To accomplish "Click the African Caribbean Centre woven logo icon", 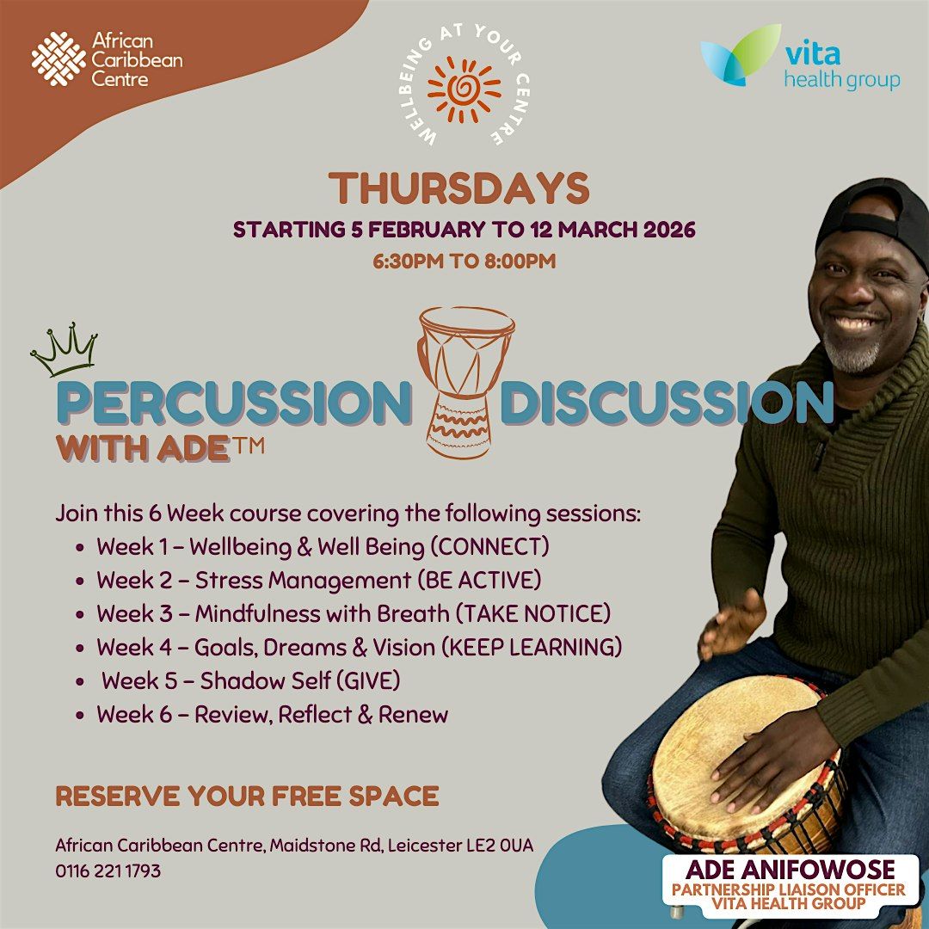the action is pos(58,58).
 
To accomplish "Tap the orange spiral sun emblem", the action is pos(464,89).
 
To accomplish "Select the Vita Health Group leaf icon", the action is pos(741,56).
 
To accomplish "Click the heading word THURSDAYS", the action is pos(459,188).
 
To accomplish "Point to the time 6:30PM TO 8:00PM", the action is pos(464,261).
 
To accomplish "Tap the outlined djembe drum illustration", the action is pos(465,383).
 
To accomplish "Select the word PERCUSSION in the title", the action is pos(234,404).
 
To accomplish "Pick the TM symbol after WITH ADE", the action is pos(247,445).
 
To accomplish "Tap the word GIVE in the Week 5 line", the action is pos(368,681).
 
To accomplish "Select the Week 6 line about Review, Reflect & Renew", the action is pos(273,715).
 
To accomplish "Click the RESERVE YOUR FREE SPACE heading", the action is pos(247,796).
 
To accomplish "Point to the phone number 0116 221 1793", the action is pos(108,871).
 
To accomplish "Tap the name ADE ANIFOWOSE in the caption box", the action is pos(791,870).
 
